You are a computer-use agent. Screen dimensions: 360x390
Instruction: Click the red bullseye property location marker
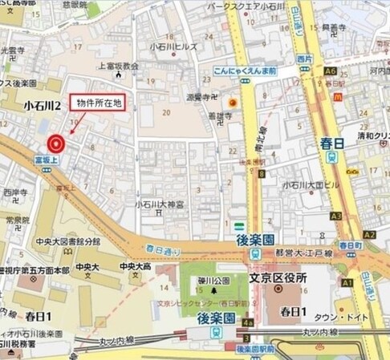tap(55, 144)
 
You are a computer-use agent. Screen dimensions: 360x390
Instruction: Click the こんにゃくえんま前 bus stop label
tap(246, 71)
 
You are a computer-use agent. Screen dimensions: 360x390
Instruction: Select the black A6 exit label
tap(330, 71)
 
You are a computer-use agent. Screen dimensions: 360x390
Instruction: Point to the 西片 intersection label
tap(303, 59)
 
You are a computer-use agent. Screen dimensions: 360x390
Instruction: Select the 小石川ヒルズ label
tap(168, 47)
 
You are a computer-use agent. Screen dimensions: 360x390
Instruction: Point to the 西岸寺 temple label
tap(14, 193)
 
